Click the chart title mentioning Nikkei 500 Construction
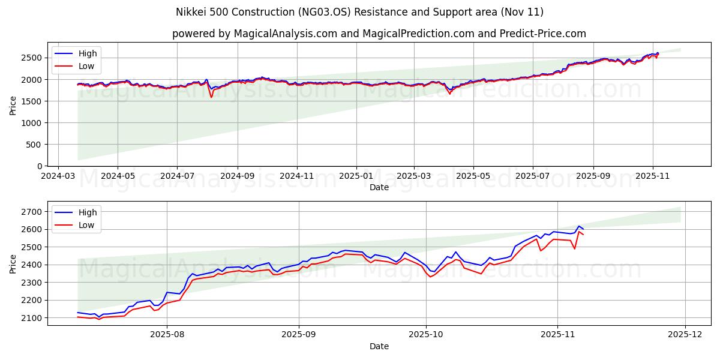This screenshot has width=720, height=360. tap(359, 12)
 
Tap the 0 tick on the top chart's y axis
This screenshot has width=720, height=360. tap(40, 166)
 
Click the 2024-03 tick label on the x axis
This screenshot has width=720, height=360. tap(58, 176)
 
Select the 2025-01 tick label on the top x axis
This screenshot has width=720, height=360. tap(356, 176)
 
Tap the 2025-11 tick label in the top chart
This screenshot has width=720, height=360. tap(652, 176)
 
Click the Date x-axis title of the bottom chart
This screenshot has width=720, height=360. tap(379, 346)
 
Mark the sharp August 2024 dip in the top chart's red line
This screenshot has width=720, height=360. tap(211, 97)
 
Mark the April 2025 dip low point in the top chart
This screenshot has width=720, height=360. tap(449, 94)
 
